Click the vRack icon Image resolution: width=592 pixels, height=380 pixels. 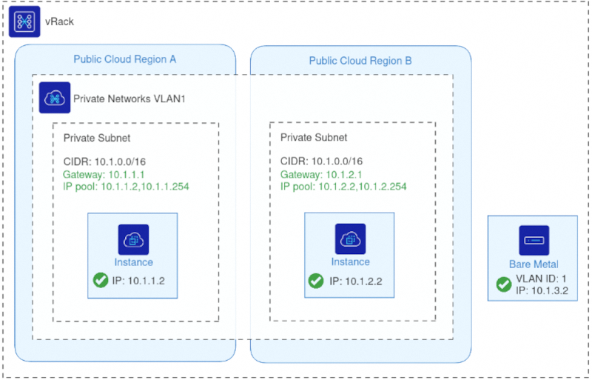(24, 21)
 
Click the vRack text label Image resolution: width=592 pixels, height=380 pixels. (60, 21)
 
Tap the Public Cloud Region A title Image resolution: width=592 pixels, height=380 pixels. (124, 59)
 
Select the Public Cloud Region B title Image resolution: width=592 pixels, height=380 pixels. (360, 60)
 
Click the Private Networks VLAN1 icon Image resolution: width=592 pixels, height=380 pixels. (55, 98)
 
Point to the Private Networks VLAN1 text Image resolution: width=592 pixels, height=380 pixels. (129, 98)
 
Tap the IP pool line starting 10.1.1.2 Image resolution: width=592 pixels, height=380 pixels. (132, 187)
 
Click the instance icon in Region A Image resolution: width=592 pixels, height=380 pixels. (134, 239)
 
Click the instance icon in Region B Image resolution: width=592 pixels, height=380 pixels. (350, 239)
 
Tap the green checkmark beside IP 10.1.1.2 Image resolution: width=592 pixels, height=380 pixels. (101, 281)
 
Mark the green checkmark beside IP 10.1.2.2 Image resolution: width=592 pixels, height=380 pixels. (315, 281)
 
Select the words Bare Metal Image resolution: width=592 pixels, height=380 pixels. (534, 264)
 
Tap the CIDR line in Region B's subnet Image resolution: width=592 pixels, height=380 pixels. (321, 161)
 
